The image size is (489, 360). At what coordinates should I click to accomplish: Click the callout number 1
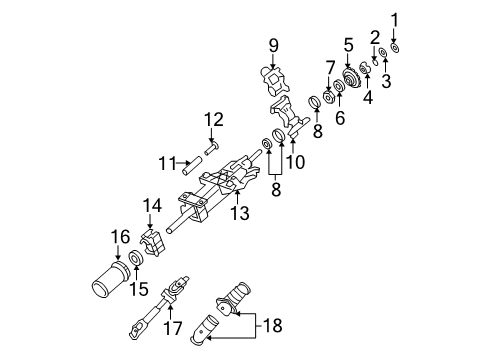point(394,18)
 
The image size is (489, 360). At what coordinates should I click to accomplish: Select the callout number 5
point(349,44)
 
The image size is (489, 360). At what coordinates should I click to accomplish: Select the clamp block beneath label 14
point(153,241)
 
